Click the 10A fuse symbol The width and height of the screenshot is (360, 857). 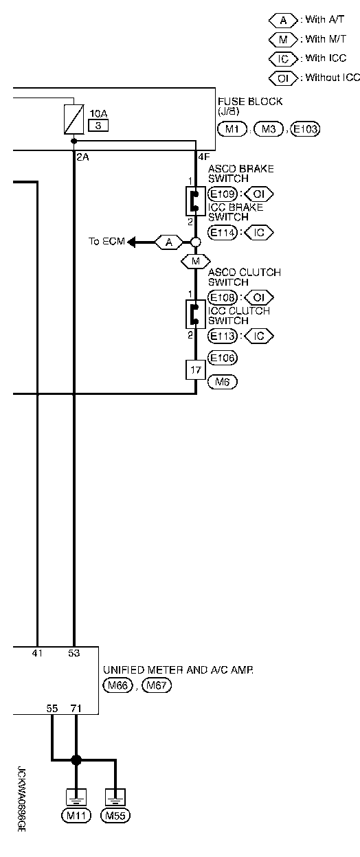tap(74, 119)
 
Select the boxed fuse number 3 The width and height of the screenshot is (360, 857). tap(98, 126)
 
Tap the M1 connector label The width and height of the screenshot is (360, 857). tap(232, 129)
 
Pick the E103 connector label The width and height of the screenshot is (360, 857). tap(305, 129)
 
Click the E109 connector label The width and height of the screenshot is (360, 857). tap(223, 194)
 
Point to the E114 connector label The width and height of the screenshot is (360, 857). tap(223, 232)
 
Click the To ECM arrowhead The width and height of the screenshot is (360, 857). tap(131, 242)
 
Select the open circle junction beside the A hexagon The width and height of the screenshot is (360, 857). tap(196, 242)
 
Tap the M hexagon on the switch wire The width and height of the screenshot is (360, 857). tap(196, 262)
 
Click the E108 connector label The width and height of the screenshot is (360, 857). tap(223, 297)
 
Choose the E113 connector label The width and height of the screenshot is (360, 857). tap(223, 336)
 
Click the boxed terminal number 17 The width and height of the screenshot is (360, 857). tap(196, 370)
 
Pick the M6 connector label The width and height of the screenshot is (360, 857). tap(223, 381)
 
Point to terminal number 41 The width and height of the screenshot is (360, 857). tap(37, 653)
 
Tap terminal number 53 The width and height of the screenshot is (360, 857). tap(74, 653)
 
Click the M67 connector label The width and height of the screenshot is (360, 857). tap(157, 685)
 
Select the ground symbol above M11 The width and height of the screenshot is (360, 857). tap(76, 797)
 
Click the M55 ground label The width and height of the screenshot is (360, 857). tap(115, 816)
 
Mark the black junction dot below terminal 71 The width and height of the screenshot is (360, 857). tap(76, 759)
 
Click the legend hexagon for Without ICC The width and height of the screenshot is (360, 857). tap(283, 78)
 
